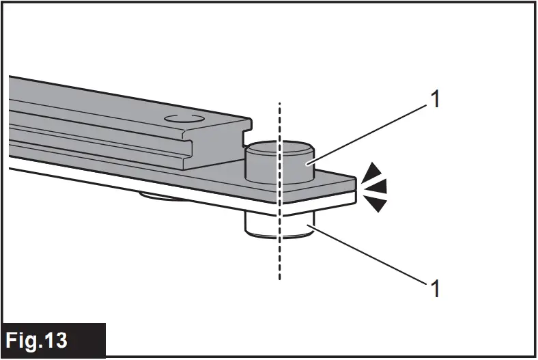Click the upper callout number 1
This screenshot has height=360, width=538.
(x=434, y=101)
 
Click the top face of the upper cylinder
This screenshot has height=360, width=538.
(x=278, y=147)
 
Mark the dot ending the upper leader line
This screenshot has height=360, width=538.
(x=308, y=164)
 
